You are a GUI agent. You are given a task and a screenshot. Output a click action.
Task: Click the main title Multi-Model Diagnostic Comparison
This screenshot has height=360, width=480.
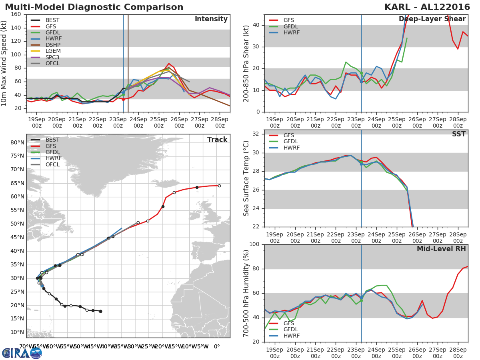94,7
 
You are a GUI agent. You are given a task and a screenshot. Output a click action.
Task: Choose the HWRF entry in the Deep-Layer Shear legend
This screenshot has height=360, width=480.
291,33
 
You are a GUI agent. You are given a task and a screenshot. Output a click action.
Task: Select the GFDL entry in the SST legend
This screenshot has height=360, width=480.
291,142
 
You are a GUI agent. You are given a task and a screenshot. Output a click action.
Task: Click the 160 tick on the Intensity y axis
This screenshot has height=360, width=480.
16,14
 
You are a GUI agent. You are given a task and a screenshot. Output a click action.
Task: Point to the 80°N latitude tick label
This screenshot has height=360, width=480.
18,142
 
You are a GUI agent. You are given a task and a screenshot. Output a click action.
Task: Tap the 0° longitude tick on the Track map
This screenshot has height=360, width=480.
217,346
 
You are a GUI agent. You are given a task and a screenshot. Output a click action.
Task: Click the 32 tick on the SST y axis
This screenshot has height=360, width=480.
257,134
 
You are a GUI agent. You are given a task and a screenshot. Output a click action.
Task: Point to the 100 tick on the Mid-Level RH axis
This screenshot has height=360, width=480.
255,244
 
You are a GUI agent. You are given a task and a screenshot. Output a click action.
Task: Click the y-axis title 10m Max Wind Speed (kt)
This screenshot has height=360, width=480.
4,63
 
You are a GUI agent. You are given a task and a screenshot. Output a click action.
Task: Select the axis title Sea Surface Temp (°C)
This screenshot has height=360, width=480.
246,178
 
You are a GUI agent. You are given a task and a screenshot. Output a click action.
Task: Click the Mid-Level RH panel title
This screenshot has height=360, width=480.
441,249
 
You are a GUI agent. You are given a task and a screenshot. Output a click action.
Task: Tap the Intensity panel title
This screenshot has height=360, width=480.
211,19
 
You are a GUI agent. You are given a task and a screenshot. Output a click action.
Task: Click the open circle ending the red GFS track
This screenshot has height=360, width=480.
219,186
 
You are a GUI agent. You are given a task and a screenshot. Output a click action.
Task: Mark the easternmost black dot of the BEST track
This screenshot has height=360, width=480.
100,311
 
